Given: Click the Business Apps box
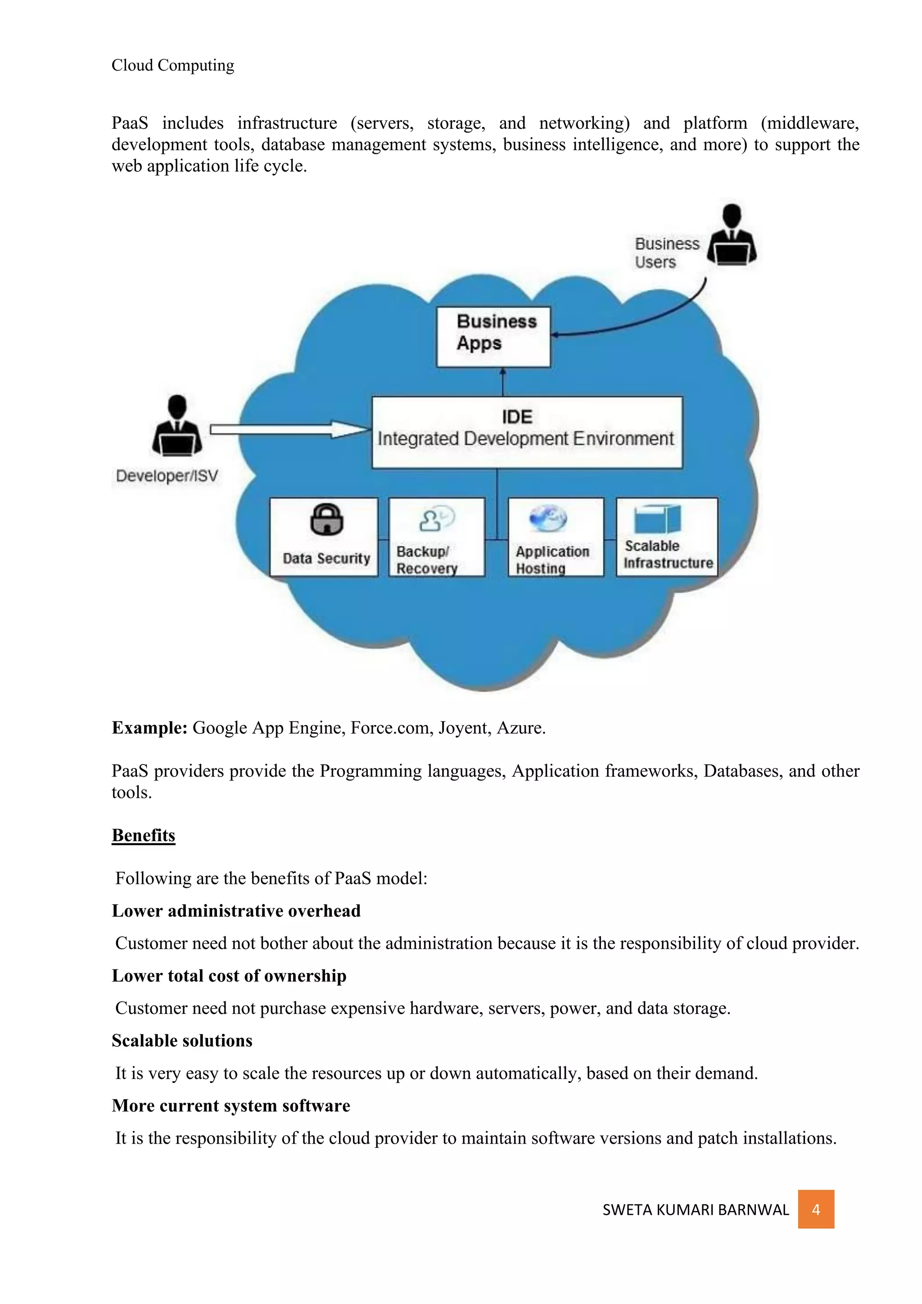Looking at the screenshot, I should [493, 337].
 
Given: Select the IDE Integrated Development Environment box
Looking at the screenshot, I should [526, 432].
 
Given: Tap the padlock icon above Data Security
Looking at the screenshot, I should [326, 519].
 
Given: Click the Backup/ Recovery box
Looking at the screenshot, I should [436, 537].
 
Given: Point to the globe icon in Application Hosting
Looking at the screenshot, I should [547, 517].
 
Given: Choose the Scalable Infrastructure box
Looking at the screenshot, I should [667, 537].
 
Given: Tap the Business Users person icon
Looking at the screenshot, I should [732, 235].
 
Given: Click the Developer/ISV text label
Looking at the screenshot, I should [167, 476].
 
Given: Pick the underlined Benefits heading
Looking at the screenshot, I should [143, 835].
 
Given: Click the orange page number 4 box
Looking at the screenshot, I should [815, 1210].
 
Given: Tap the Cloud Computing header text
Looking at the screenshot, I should [172, 65].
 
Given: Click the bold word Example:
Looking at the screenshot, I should [149, 728].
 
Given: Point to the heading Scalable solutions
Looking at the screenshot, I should [182, 1041].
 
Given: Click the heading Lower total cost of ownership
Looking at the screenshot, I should [229, 976].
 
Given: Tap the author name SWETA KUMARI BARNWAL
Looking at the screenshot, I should [696, 1210].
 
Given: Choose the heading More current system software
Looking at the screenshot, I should [230, 1106].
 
